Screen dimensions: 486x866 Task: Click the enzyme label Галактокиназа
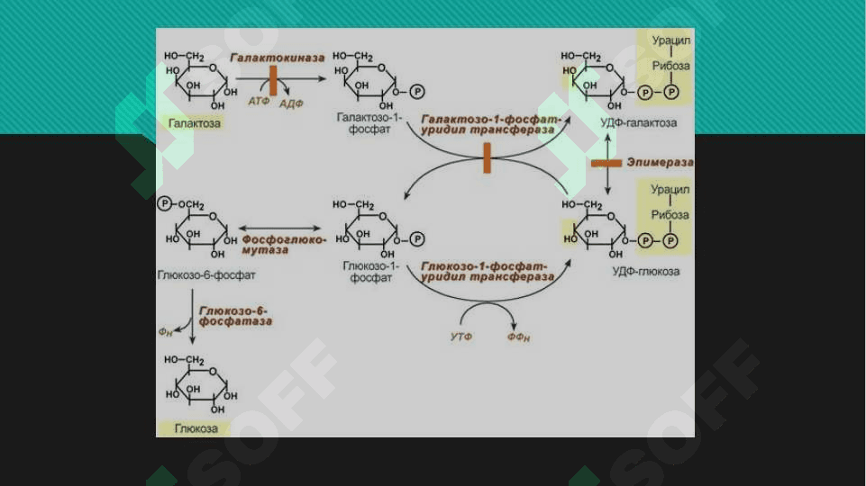click(x=276, y=57)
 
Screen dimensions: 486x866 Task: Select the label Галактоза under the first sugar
click(x=193, y=123)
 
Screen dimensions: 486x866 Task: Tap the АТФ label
click(x=259, y=102)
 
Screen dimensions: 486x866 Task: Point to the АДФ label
click(x=291, y=104)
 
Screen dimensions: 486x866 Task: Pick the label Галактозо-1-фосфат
click(x=368, y=123)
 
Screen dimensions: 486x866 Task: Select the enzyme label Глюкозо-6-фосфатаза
click(x=235, y=314)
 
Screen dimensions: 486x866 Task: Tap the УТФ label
click(x=461, y=337)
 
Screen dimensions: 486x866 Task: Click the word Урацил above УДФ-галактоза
click(x=670, y=41)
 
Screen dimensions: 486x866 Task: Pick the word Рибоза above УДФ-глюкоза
click(x=670, y=215)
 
